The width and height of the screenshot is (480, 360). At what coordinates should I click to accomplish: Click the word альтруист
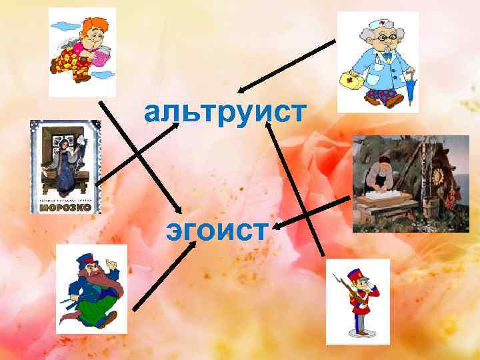tap(225, 114)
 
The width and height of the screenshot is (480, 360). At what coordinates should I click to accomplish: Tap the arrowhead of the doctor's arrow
tap(241, 91)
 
